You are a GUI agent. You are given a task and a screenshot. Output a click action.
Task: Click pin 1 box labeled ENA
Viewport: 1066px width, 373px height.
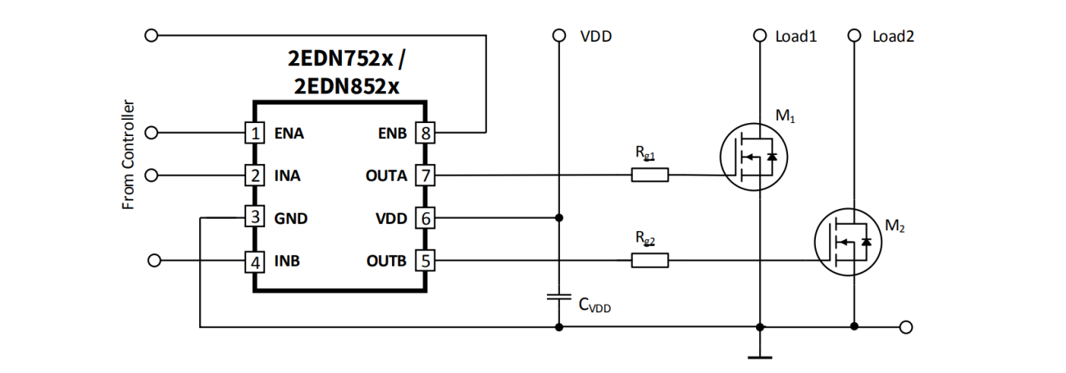pos(256,133)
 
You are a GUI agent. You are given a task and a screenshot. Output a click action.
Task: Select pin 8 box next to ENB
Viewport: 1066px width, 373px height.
pos(425,133)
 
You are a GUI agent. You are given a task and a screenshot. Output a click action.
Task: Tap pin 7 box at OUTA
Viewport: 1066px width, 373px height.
pos(425,175)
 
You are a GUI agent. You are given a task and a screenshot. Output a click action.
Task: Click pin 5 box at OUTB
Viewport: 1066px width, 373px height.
pos(425,262)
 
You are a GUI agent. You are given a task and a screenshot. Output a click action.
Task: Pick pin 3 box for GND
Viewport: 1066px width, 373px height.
pos(256,218)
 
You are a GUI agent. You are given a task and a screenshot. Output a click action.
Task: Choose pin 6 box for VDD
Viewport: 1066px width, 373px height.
pos(425,218)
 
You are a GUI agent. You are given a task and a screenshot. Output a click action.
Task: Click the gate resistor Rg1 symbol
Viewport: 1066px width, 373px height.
pos(649,175)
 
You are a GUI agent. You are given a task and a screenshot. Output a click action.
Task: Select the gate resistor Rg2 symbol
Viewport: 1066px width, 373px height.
pos(649,261)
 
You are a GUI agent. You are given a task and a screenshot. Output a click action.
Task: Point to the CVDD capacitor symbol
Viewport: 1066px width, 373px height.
pos(559,297)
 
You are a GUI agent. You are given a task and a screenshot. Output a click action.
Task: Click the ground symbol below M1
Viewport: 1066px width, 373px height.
pos(760,357)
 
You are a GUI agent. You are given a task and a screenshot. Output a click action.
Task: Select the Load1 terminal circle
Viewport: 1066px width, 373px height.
pos(760,36)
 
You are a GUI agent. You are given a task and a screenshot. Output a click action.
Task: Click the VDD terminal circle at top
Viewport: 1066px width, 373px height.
pos(559,36)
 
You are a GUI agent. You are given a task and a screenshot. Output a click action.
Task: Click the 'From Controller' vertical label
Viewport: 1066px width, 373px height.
pos(128,156)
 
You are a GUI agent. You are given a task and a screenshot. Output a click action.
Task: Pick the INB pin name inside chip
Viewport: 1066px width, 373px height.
pos(287,262)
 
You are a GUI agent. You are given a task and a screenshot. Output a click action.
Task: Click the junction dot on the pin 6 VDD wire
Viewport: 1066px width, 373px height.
pos(559,218)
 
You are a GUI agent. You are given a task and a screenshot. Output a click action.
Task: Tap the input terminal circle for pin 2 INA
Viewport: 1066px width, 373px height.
pos(150,175)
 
